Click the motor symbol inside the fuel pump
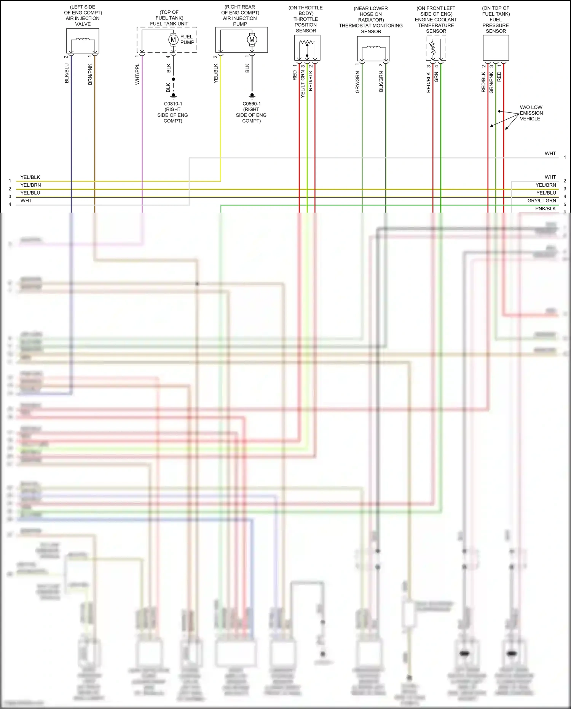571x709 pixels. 173,40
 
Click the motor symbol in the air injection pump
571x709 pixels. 252,40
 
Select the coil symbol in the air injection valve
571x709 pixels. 83,39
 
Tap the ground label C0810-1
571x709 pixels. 173,104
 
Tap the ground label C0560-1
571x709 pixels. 251,104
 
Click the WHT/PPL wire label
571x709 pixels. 137,74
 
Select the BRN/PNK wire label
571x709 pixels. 90,74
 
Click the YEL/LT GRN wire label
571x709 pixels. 303,84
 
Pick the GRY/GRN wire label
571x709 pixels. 357,82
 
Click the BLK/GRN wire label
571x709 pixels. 381,82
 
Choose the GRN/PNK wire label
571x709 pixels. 491,82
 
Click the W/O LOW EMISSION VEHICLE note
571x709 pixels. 531,113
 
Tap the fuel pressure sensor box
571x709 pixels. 496,48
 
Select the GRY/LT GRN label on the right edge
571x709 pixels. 541,201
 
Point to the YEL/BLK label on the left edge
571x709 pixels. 30,177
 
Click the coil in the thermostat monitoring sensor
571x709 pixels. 373,48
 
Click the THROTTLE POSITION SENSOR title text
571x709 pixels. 306,25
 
